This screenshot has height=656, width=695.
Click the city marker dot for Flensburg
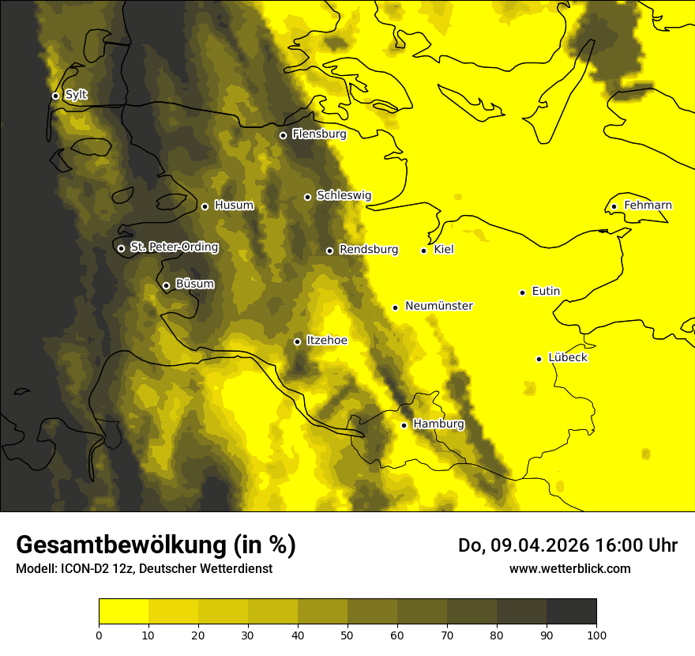click(x=283, y=135)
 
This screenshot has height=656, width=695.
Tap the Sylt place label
click(x=76, y=95)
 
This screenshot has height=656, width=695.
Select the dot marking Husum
click(x=205, y=206)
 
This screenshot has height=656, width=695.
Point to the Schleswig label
click(x=344, y=195)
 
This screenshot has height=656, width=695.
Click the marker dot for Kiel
click(x=423, y=251)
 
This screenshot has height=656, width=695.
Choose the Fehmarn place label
click(x=648, y=205)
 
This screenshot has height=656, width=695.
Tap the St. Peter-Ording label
click(x=174, y=247)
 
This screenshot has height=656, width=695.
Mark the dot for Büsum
click(x=166, y=285)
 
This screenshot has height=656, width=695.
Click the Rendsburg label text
click(x=368, y=250)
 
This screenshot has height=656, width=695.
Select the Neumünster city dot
click(x=395, y=307)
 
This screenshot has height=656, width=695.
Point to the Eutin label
click(x=546, y=292)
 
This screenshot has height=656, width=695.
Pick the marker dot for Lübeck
click(x=539, y=358)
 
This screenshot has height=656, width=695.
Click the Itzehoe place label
click(x=326, y=341)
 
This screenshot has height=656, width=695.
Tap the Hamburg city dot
click(x=404, y=425)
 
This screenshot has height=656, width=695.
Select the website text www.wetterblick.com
click(x=569, y=568)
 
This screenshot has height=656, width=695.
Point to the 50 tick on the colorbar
click(x=347, y=634)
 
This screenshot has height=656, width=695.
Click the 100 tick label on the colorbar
click(x=596, y=634)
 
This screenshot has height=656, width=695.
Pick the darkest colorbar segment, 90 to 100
click(x=571, y=611)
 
